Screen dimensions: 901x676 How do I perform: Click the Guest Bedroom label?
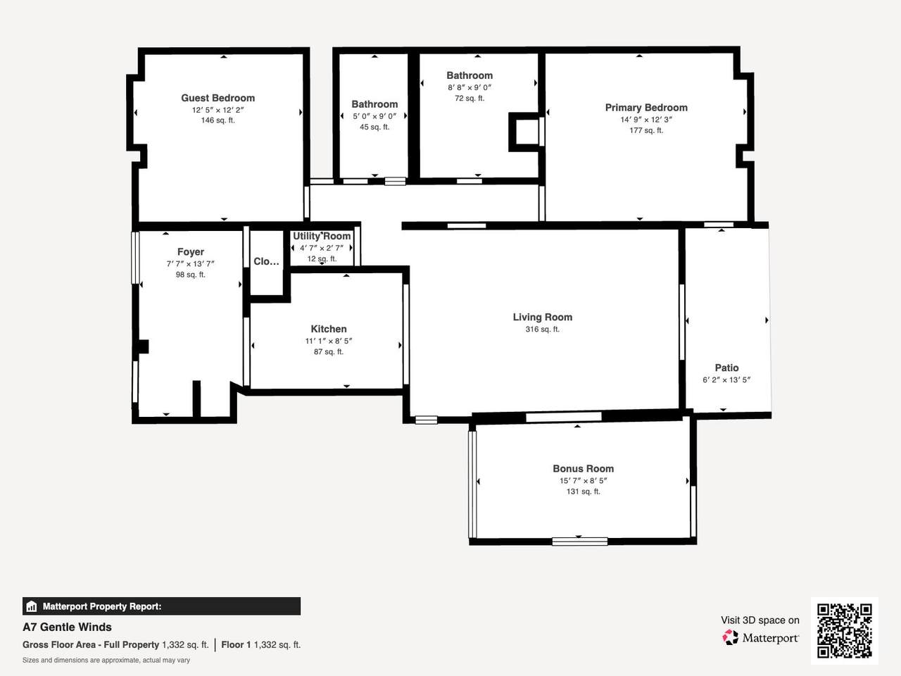[218, 98]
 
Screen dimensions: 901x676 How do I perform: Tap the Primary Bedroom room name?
[646, 108]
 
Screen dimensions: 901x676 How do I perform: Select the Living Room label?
[542, 318]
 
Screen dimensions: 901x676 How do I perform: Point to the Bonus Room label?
[584, 469]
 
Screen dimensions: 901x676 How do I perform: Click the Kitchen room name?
[329, 329]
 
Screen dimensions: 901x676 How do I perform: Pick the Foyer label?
[191, 252]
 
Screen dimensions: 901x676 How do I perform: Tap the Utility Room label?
[322, 237]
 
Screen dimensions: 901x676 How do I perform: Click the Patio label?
[726, 368]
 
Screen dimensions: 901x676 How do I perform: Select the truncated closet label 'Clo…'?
[266, 261]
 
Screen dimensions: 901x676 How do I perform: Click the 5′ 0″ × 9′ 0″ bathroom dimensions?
[374, 117]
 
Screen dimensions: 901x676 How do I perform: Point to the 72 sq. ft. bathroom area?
[470, 99]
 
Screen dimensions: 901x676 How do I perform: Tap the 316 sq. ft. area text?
[542, 329]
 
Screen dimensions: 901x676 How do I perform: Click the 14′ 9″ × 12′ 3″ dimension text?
[646, 120]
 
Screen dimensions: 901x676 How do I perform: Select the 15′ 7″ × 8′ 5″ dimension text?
[584, 481]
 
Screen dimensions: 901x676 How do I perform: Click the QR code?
[845, 631]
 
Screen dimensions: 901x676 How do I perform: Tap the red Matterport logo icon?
[730, 637]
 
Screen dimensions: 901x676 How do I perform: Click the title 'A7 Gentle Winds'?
[67, 627]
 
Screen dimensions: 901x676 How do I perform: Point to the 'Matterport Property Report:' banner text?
[102, 606]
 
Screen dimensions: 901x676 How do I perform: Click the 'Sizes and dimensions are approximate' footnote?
[106, 661]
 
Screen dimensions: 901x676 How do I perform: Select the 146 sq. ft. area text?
[218, 120]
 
